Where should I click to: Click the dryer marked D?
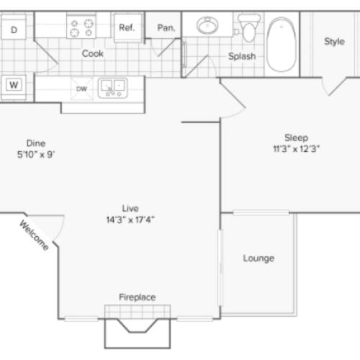coord(14,27)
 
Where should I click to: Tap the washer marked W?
coord(14,86)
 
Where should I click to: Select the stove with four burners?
coord(81,26)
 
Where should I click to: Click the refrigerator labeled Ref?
coord(127,28)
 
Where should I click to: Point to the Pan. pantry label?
coord(166,28)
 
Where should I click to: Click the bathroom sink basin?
coord(207,25)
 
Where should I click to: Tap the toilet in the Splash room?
coord(249,28)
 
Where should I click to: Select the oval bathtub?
coord(282,45)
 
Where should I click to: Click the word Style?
coord(334,42)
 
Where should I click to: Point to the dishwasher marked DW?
coord(81,89)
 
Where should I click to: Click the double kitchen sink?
coord(112,89)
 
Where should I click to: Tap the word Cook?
coord(93,53)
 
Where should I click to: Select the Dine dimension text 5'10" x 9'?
coord(36,154)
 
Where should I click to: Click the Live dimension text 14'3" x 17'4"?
coord(130,220)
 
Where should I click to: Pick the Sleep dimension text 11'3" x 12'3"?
coord(297,149)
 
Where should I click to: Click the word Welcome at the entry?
coord(34,235)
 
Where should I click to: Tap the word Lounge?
coord(258,258)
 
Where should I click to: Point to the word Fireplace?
coord(138,297)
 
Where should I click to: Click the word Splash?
coord(242,56)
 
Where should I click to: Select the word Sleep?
coord(297,138)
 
